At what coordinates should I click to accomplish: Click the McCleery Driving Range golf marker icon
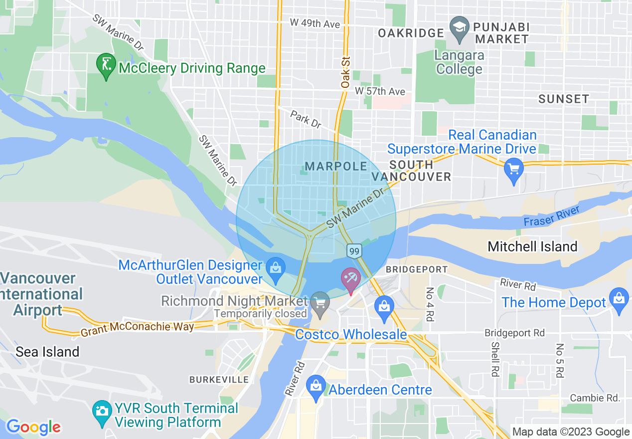[106, 65]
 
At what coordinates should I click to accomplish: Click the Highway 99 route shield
[354, 250]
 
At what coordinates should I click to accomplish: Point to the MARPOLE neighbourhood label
[336, 166]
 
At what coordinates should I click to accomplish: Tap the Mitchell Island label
[532, 246]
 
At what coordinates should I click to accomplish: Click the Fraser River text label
[551, 216]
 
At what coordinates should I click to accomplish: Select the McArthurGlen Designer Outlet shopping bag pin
[275, 266]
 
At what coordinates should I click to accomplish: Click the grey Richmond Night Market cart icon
[319, 302]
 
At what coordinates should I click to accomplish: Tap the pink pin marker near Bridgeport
[350, 279]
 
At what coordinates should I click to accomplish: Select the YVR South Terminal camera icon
[102, 412]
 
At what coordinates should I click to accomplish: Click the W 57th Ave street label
[380, 92]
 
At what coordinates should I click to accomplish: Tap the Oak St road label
[345, 73]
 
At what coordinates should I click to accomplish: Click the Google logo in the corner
[33, 427]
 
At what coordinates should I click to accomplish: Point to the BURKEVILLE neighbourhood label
[219, 380]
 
